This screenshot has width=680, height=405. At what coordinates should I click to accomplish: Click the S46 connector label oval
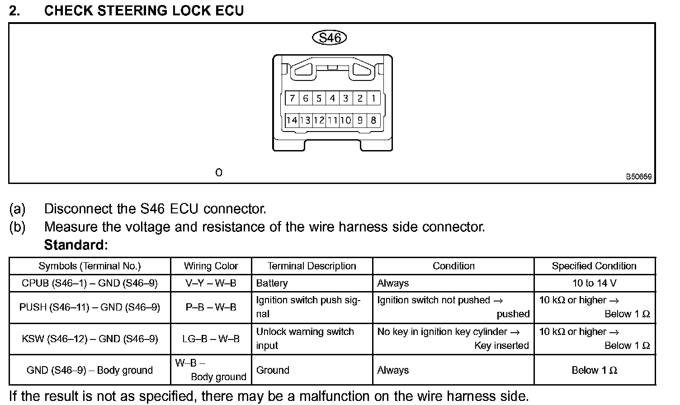click(x=330, y=38)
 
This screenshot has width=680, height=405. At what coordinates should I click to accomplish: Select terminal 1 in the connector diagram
click(x=373, y=98)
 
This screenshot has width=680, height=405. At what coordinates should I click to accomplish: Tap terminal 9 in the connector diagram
click(x=360, y=120)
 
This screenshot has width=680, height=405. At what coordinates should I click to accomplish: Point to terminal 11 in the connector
click(x=332, y=120)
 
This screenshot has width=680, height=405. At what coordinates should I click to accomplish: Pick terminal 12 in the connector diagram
click(x=319, y=120)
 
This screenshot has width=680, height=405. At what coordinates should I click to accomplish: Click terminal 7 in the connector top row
click(x=292, y=98)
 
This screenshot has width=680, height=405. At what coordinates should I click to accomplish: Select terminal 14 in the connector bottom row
click(x=292, y=120)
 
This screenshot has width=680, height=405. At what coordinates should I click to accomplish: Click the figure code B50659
click(x=638, y=177)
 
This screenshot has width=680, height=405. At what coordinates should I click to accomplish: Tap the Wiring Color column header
click(x=211, y=266)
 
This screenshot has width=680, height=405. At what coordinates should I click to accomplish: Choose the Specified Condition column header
click(x=594, y=266)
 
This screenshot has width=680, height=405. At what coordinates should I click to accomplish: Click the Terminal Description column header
click(x=312, y=266)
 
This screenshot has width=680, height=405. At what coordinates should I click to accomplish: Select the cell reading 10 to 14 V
click(x=594, y=283)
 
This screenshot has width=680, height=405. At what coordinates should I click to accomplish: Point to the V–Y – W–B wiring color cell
click(x=211, y=283)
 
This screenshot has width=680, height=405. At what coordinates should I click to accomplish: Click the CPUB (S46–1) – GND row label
click(x=90, y=283)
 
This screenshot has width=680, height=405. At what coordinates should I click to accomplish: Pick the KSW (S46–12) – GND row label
click(x=90, y=339)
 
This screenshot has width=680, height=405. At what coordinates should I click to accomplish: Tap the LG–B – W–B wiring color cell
click(x=211, y=339)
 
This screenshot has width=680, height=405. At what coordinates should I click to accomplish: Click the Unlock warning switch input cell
click(x=305, y=339)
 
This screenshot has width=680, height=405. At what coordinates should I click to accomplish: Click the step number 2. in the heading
click(x=14, y=11)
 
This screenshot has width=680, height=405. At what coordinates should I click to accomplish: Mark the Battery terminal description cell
click(x=272, y=283)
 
